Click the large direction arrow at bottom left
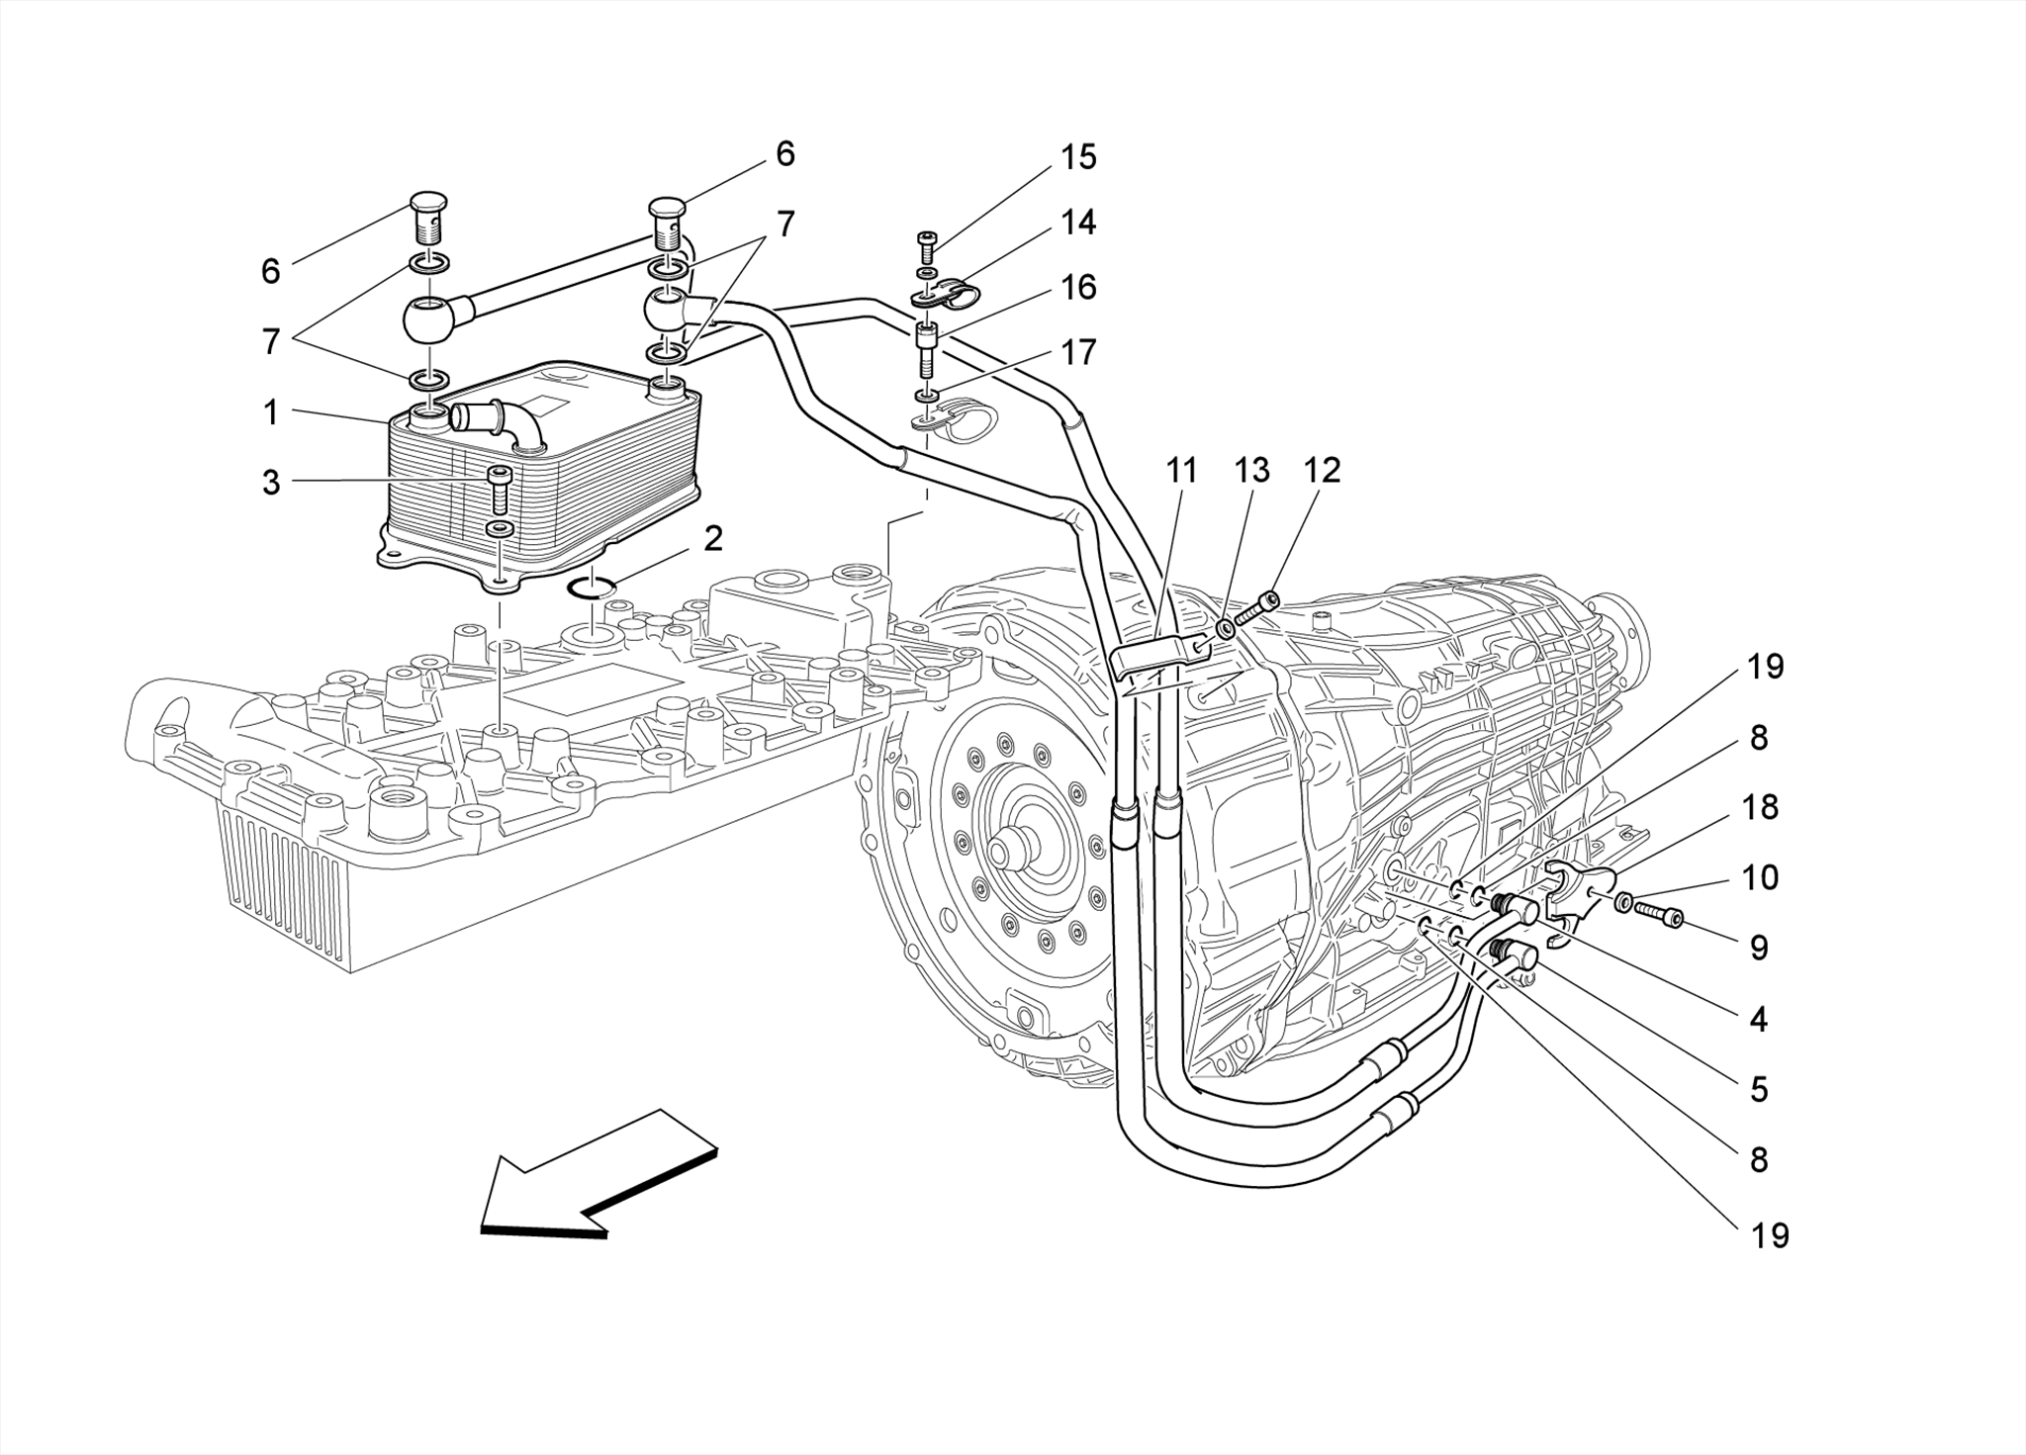click(x=594, y=1177)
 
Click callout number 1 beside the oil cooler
click(x=271, y=413)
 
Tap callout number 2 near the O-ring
click(x=713, y=539)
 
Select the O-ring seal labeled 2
click(x=593, y=588)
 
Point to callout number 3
click(x=271, y=483)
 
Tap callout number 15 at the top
click(x=1078, y=157)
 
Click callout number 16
click(x=1078, y=288)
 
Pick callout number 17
click(x=1078, y=352)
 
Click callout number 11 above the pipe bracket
click(x=1181, y=471)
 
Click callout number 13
click(x=1250, y=471)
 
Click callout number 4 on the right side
click(x=1758, y=1019)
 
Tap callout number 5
click(x=1758, y=1089)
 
